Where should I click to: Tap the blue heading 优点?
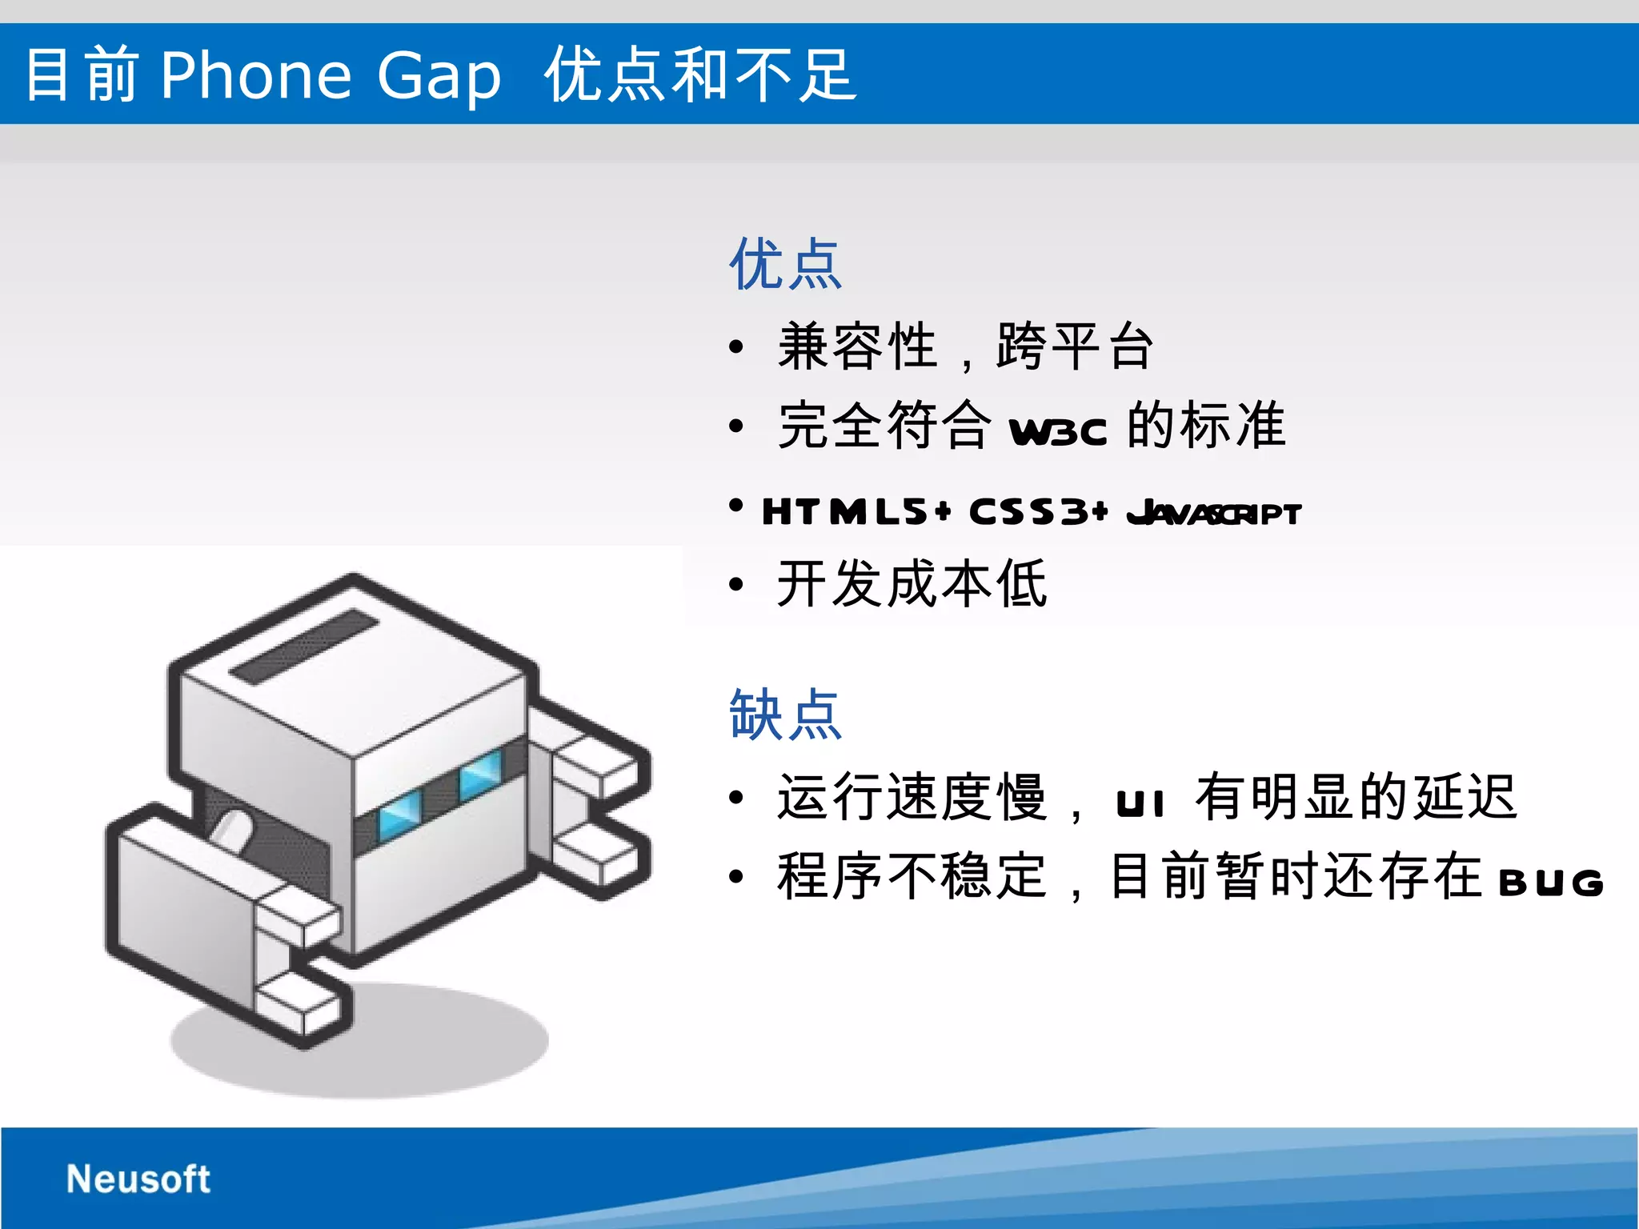(785, 264)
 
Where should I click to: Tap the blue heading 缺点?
(785, 715)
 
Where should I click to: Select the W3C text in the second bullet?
(1058, 432)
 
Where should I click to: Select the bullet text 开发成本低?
(912, 584)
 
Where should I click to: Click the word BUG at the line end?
(1551, 883)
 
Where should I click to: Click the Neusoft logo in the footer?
(138, 1179)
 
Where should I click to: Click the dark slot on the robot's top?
(305, 647)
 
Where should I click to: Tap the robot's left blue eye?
(399, 813)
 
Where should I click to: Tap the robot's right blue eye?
(480, 773)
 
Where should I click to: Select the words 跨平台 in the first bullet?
(1075, 346)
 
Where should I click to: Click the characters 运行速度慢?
(912, 798)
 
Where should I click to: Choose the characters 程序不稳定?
(912, 876)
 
